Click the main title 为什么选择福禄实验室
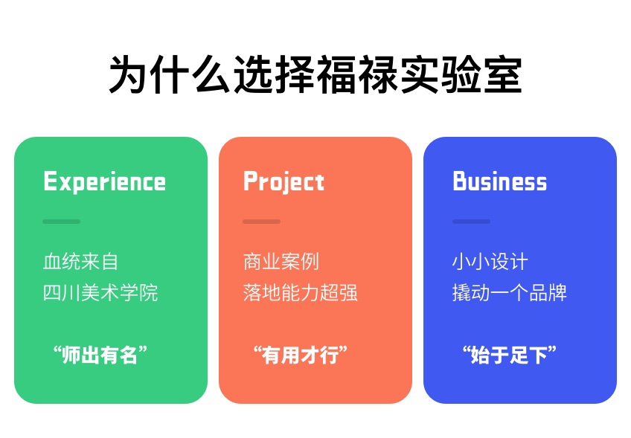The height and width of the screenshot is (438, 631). (315, 74)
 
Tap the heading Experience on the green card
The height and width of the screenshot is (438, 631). (104, 181)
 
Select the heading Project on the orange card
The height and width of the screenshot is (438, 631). (284, 181)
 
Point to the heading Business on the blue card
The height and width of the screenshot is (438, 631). (500, 181)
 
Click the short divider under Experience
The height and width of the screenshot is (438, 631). (62, 222)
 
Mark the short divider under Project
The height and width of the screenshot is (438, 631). (262, 222)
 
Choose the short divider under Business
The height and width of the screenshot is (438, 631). (471, 222)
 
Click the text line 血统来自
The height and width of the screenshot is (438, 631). (80, 262)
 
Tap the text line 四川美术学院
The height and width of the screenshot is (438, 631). (100, 292)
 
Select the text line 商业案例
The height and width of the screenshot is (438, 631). (281, 262)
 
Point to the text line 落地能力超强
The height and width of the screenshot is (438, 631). (300, 292)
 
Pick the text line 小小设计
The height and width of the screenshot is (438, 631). (490, 262)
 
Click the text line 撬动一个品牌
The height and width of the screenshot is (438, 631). (510, 292)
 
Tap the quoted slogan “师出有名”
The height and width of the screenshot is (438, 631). (100, 355)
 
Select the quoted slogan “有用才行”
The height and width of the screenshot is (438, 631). (300, 355)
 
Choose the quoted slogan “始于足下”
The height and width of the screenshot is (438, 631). (510, 355)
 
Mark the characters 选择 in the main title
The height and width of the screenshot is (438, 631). (274, 74)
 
